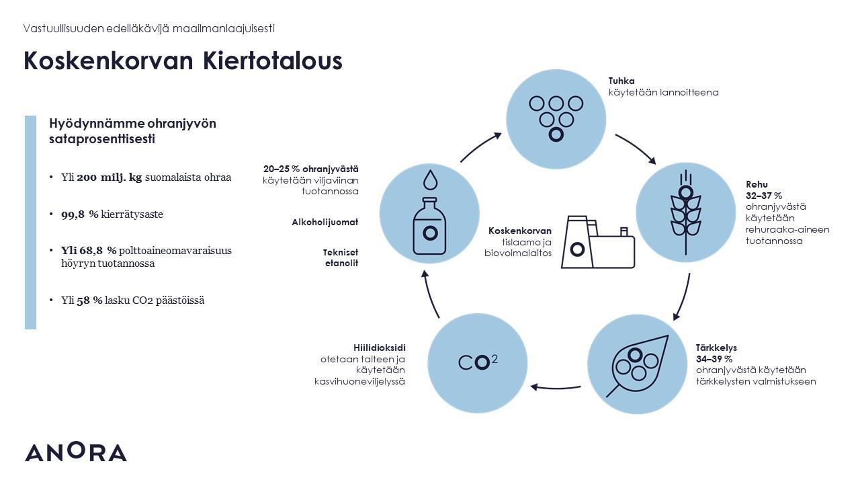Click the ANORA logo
(x=75, y=452)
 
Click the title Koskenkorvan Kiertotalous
(x=183, y=61)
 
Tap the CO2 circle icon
(x=478, y=362)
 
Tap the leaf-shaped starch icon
(x=638, y=364)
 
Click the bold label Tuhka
(x=621, y=81)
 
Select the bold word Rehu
(x=757, y=184)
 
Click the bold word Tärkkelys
(x=716, y=348)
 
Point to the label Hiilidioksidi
(x=380, y=348)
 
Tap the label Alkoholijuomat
(x=325, y=222)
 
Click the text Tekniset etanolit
(x=341, y=257)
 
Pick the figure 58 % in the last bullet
(x=89, y=300)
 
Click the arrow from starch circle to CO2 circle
(x=556, y=387)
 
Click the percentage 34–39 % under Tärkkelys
(x=714, y=359)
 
